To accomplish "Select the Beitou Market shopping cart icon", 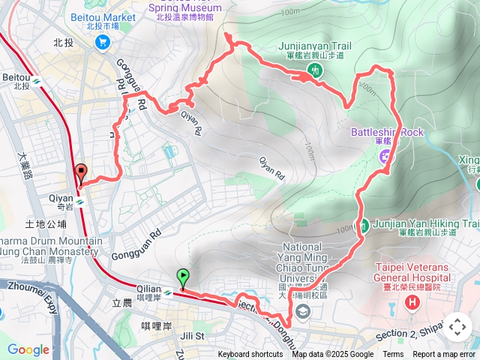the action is point(101,43).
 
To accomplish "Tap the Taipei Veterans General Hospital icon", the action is point(412,304).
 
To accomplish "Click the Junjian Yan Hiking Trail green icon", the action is point(363,224).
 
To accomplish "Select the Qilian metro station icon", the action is point(168,293).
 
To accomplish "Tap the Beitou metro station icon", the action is point(36,77).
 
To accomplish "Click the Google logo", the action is point(28,349).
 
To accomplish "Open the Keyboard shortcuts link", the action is point(250,355).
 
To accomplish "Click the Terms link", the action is point(393,355).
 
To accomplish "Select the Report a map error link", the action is point(445,355).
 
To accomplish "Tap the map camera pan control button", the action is point(457,327).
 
